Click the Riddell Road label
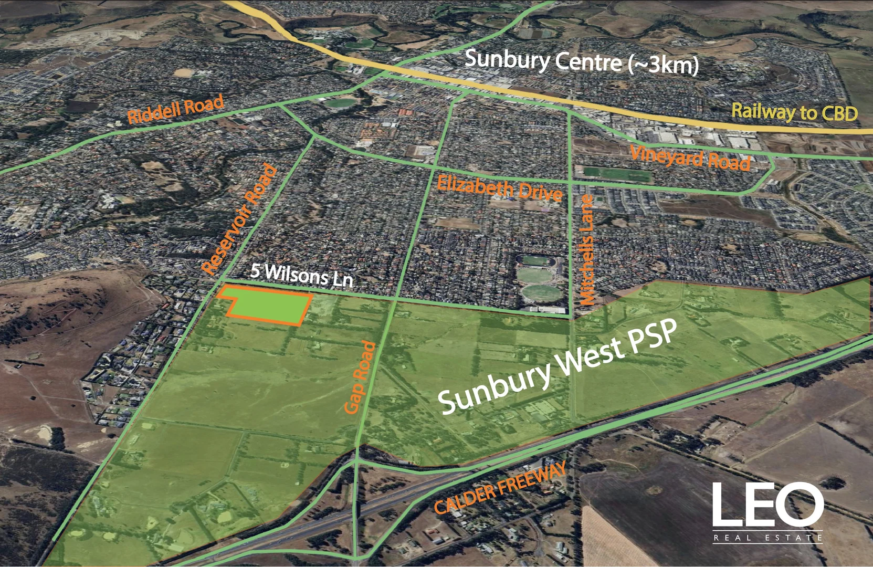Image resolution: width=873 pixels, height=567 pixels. (x=175, y=109)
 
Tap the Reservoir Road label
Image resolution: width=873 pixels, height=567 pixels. (x=240, y=219)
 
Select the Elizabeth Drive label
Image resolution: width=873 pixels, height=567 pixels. (x=499, y=188)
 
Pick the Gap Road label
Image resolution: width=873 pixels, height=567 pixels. (x=361, y=376)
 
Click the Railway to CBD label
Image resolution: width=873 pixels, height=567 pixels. (x=794, y=112)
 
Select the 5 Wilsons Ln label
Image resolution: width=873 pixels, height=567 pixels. (x=301, y=274)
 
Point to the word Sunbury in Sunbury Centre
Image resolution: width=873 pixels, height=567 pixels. (x=506, y=59)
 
